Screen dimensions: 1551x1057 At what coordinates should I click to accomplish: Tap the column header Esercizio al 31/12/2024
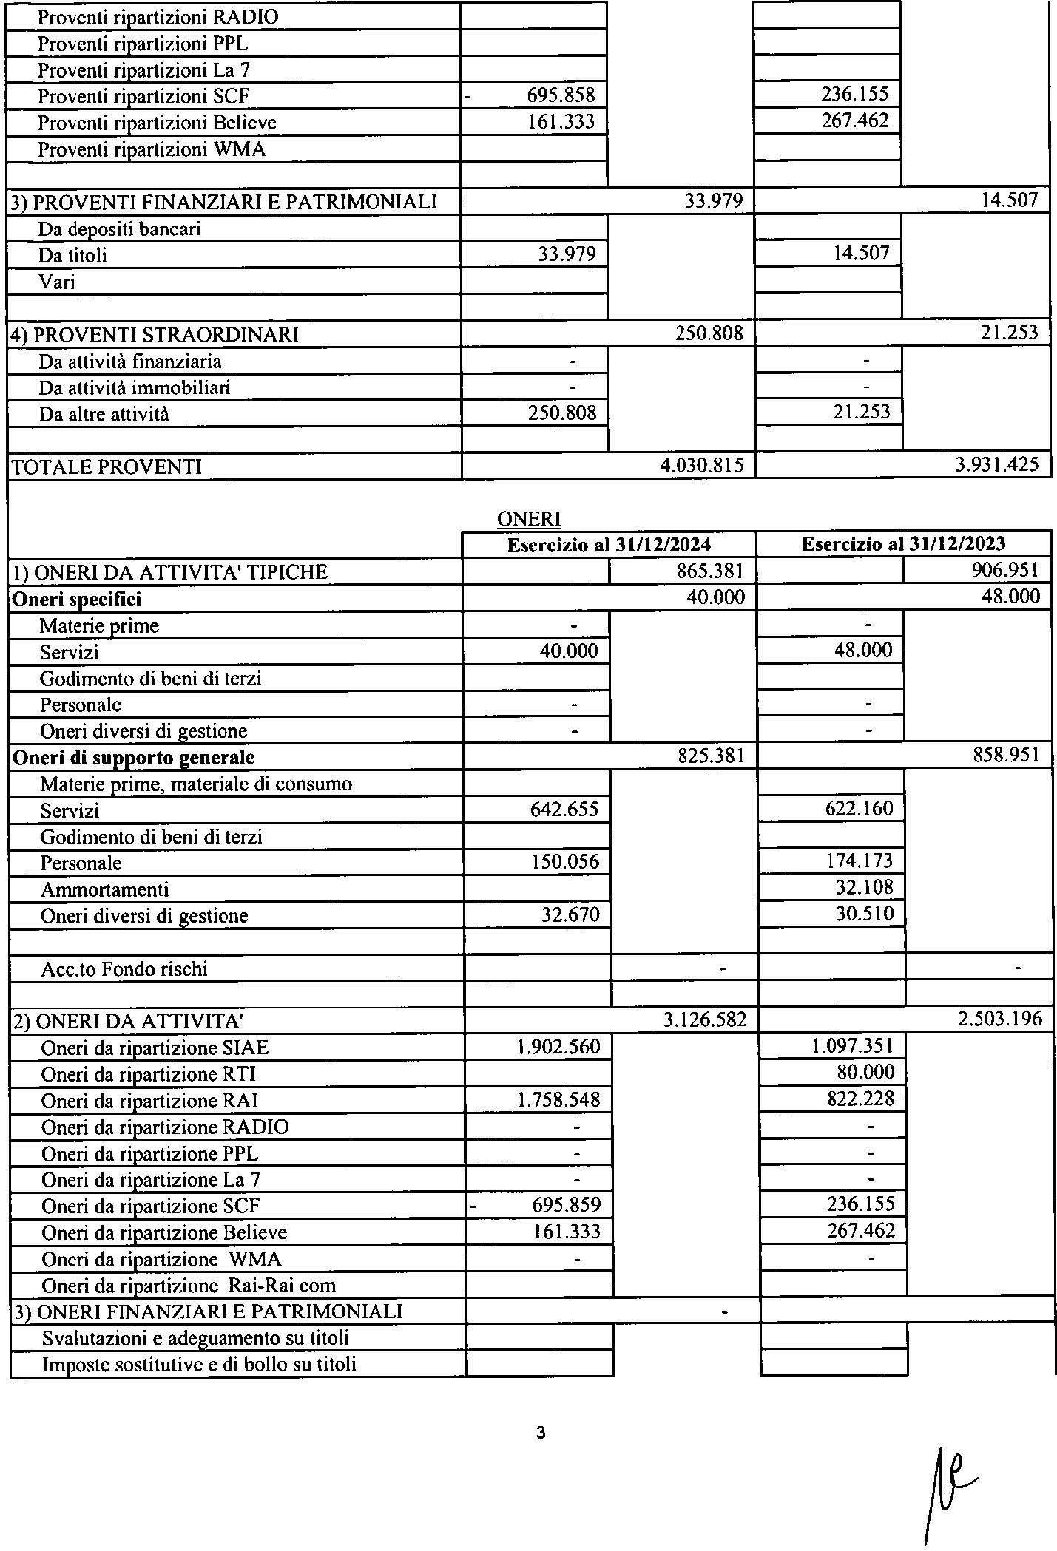(609, 546)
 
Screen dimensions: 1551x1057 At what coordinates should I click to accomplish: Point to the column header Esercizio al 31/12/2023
(903, 545)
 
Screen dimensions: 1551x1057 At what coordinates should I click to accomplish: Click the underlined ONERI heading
(529, 520)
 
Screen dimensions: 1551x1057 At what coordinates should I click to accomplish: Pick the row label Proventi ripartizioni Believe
(157, 123)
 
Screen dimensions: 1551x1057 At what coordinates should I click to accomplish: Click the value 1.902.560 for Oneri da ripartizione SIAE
(559, 1047)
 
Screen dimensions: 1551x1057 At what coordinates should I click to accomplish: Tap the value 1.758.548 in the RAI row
(559, 1100)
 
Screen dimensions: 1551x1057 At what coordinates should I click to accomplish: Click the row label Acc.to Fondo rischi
(124, 969)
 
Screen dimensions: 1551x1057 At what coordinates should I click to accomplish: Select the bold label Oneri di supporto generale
(134, 758)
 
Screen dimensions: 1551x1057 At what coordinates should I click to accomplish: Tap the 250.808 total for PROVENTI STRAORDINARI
(709, 333)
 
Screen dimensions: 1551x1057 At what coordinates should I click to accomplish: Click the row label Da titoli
(72, 256)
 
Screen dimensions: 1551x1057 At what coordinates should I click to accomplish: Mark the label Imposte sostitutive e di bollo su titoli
(199, 1365)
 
